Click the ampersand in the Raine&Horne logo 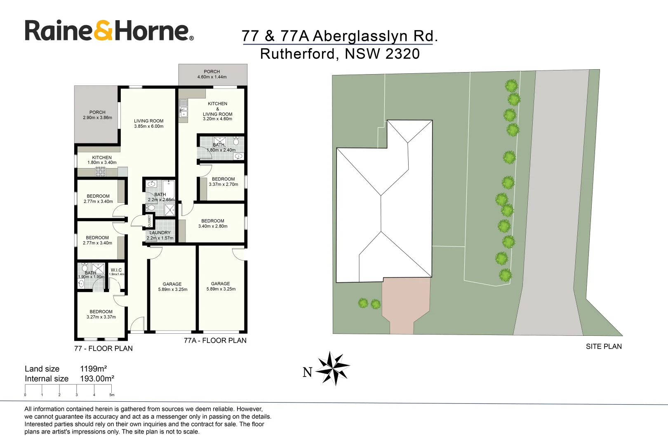(x=103, y=31)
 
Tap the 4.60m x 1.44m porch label (x=212, y=74)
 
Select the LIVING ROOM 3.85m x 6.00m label (x=148, y=124)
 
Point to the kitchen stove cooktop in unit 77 (x=101, y=172)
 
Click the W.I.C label (x=116, y=270)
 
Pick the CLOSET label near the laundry (x=149, y=221)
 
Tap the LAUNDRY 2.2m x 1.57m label (x=160, y=235)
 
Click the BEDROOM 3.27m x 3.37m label (x=101, y=314)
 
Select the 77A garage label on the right (x=221, y=286)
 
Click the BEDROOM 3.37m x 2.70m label (x=223, y=182)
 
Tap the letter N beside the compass (x=308, y=372)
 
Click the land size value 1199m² (x=94, y=369)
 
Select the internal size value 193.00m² (x=97, y=379)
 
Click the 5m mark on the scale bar (x=111, y=394)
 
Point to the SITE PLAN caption (x=604, y=347)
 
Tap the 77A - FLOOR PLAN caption (x=215, y=340)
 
